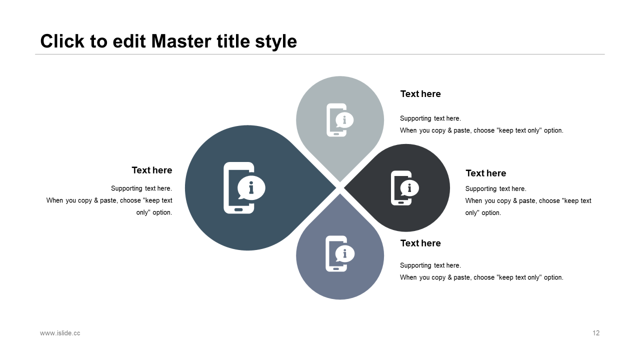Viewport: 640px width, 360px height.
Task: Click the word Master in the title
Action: click(181, 41)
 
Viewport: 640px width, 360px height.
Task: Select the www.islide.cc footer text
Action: click(60, 333)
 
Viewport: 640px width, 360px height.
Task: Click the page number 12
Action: click(596, 333)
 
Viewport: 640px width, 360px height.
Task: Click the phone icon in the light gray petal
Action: click(339, 120)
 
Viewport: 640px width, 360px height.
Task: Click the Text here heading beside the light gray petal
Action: click(420, 93)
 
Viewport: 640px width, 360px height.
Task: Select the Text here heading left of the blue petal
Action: click(152, 170)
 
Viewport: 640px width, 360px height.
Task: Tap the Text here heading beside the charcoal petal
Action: click(485, 173)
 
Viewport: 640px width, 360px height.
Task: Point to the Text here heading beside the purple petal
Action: click(420, 243)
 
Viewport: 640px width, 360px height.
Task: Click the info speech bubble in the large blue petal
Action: click(251, 187)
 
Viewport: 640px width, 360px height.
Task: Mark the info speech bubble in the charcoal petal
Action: click(409, 188)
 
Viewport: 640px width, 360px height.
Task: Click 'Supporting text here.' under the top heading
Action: click(430, 118)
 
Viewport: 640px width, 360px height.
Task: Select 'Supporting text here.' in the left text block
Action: click(141, 188)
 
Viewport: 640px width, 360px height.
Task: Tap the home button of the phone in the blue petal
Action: click(238, 209)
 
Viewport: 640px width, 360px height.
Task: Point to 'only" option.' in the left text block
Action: click(154, 212)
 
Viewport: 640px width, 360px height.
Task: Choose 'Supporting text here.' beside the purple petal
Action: click(430, 265)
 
